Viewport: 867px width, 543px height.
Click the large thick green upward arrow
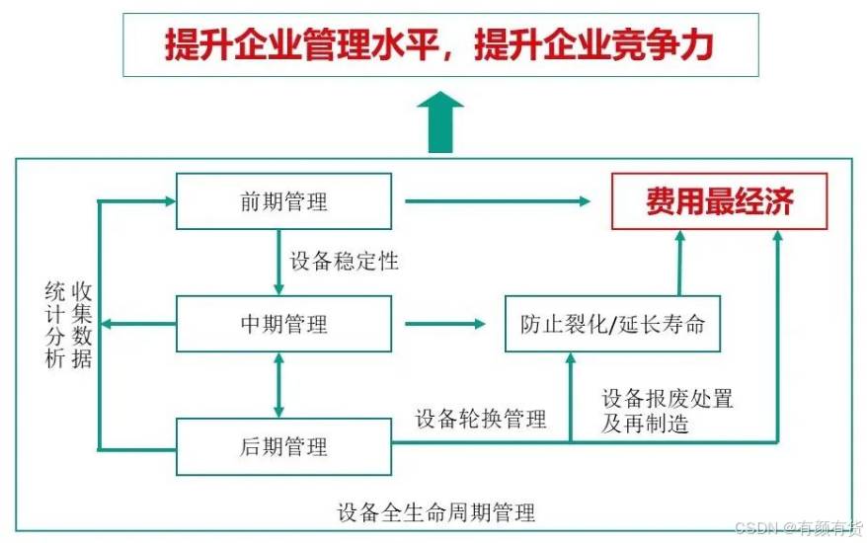click(440, 122)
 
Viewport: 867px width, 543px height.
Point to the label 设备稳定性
click(344, 262)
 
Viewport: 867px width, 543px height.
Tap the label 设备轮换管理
click(481, 420)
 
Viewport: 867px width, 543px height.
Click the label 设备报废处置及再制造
click(668, 411)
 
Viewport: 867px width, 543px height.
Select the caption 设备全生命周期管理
click(436, 512)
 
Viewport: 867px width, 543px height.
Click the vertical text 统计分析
click(55, 325)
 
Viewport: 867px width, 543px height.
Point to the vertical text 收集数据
click(81, 325)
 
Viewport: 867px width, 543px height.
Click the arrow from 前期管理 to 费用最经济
click(498, 201)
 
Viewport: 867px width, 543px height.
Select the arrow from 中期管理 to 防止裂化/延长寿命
click(445, 324)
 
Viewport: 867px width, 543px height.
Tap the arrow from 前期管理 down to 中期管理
click(278, 262)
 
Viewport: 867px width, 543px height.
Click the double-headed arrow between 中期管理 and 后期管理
click(278, 385)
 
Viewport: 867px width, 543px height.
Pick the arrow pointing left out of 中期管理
click(138, 324)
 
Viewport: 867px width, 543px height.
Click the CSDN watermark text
click(799, 528)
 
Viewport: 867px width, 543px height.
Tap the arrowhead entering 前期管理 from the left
click(168, 201)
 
